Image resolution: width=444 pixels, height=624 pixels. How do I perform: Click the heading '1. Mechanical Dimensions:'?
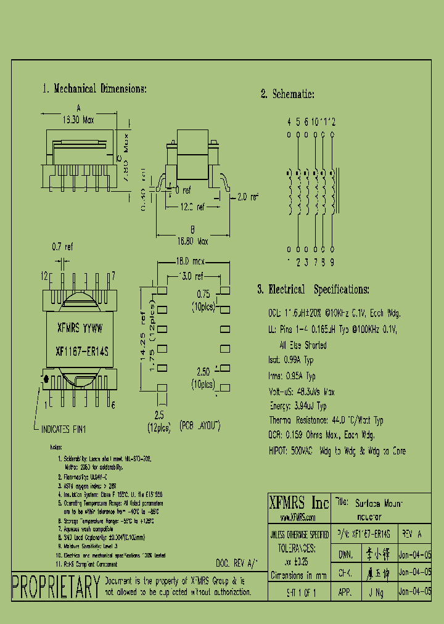tap(94, 89)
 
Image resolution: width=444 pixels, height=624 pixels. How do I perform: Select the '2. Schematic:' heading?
tap(287, 94)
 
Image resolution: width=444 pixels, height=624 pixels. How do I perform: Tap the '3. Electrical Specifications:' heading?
tap(313, 289)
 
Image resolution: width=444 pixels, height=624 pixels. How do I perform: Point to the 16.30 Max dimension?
tap(78, 120)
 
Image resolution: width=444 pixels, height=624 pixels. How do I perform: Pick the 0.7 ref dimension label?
tap(62, 247)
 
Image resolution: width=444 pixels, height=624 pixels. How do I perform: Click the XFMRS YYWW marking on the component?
tap(80, 328)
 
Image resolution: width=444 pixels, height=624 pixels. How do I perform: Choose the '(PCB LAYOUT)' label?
tap(200, 426)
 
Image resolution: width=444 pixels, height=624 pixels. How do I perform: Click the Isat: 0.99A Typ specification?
tap(291, 361)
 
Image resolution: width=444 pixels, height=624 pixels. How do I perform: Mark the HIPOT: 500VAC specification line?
tap(337, 451)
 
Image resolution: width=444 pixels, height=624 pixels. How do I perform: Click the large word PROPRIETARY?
tap(56, 586)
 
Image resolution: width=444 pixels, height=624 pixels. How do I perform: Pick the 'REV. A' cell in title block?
tap(412, 532)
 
